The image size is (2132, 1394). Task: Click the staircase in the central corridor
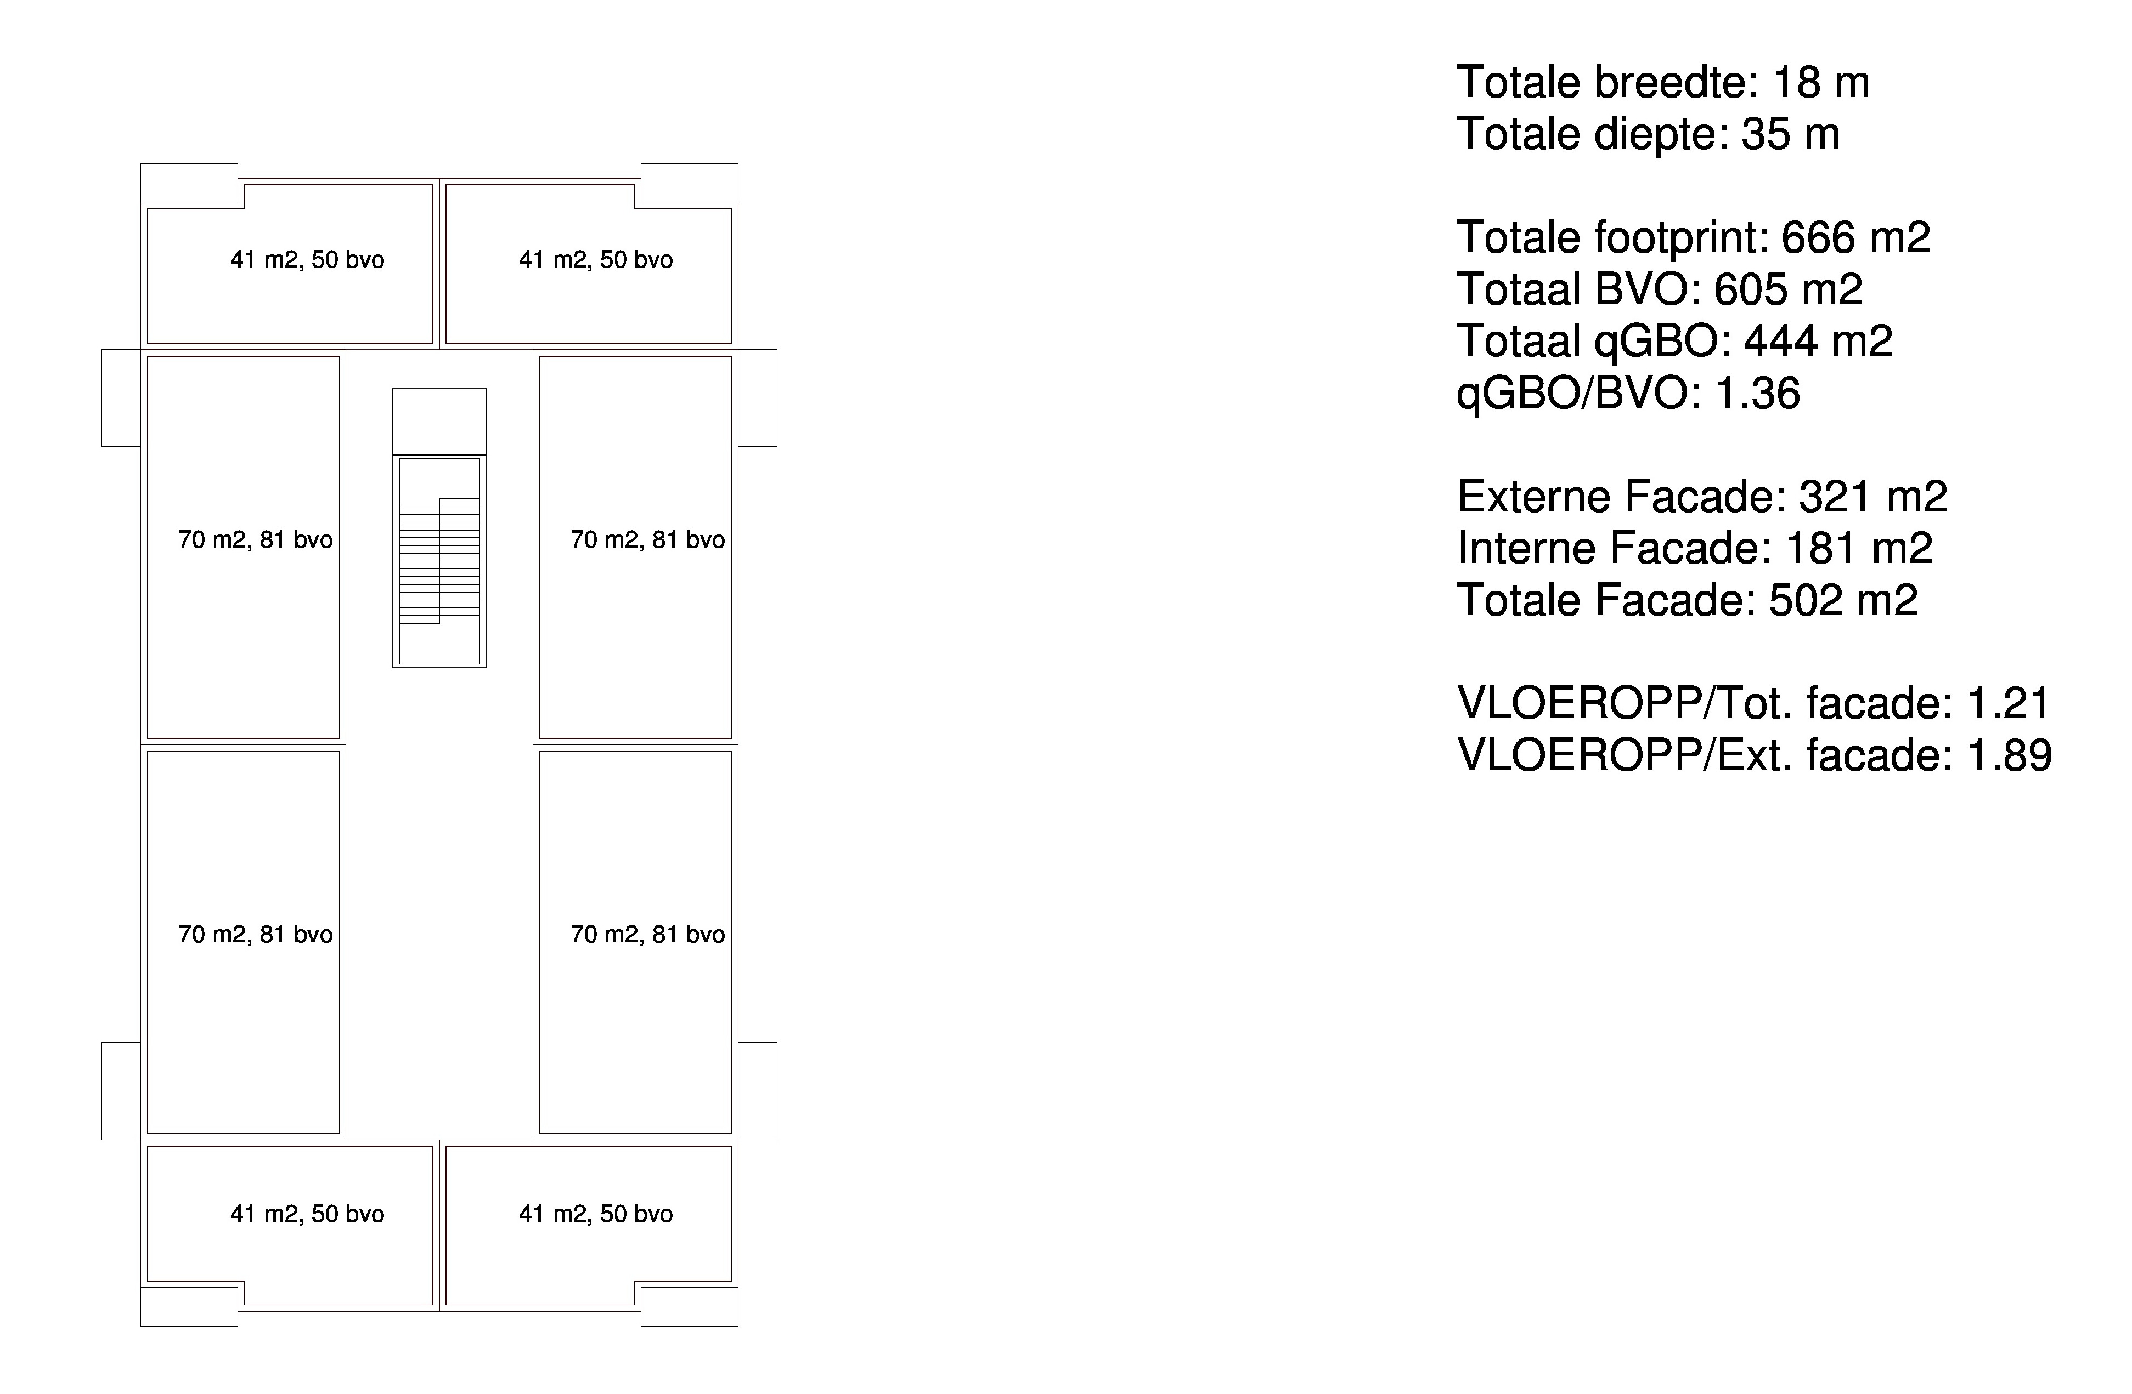(x=439, y=560)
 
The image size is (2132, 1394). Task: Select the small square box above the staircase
(x=439, y=422)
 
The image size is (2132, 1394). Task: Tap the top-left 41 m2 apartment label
(x=307, y=260)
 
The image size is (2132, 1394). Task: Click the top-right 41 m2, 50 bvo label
(x=596, y=260)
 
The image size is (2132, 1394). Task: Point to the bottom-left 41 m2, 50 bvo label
(x=307, y=1214)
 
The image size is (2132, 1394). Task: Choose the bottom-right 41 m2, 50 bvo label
(x=596, y=1214)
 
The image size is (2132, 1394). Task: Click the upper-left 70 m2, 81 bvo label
(x=255, y=540)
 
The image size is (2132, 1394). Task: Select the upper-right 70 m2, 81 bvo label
(x=647, y=540)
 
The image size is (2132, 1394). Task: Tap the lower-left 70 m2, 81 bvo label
(x=255, y=935)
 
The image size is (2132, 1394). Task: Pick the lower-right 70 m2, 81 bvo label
(x=647, y=935)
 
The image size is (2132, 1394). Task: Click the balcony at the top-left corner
(x=189, y=183)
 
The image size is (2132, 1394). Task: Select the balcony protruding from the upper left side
(x=121, y=397)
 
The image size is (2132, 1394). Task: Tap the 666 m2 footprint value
(x=1855, y=237)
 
